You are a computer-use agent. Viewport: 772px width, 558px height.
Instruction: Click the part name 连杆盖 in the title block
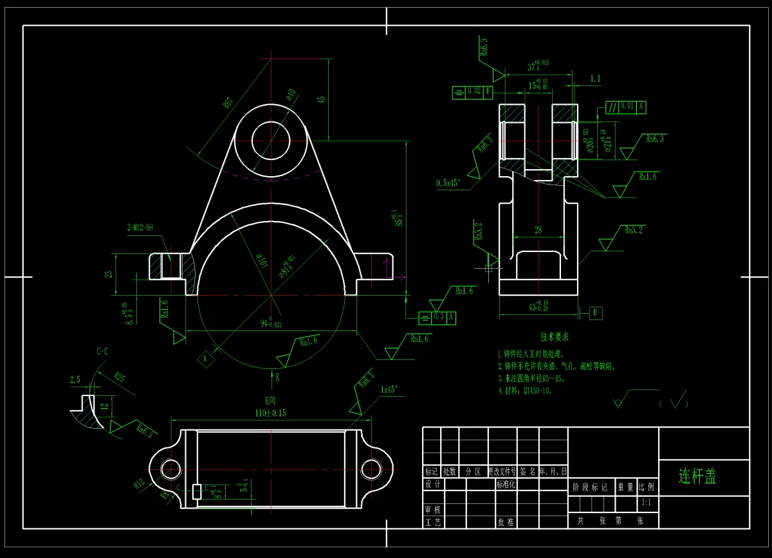click(697, 476)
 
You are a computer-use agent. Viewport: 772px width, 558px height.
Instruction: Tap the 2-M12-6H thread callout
click(140, 228)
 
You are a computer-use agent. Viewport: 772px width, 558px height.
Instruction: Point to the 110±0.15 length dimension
click(270, 413)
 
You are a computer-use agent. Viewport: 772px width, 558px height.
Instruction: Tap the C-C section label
click(102, 352)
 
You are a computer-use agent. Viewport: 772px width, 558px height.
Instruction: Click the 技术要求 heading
click(555, 337)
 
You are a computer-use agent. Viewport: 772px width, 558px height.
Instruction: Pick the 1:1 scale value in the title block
click(647, 503)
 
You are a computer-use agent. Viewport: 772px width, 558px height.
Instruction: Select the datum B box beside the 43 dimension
click(596, 313)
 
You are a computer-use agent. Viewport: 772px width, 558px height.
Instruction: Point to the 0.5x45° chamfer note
click(448, 183)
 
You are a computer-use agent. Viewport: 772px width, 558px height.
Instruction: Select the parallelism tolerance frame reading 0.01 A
click(626, 107)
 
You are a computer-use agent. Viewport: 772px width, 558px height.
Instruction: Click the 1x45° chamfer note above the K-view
click(389, 389)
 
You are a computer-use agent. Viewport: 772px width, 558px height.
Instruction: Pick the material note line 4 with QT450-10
click(524, 390)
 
